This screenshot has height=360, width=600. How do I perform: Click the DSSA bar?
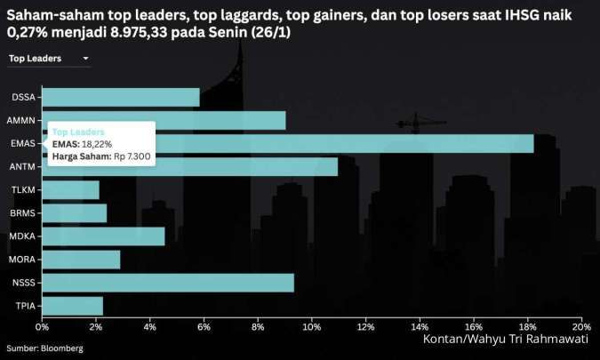click(x=120, y=97)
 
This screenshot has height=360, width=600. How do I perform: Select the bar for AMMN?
click(x=164, y=120)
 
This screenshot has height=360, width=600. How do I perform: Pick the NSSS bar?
click(x=167, y=283)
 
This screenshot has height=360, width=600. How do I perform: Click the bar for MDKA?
click(x=103, y=236)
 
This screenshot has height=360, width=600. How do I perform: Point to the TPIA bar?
click(x=72, y=306)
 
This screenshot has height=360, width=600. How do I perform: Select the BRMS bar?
click(x=74, y=213)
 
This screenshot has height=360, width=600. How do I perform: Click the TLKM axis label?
click(x=23, y=190)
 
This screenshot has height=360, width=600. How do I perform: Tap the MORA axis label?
click(x=22, y=260)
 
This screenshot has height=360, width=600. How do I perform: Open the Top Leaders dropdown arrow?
click(x=85, y=59)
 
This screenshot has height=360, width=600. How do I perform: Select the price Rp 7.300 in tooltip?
click(x=132, y=156)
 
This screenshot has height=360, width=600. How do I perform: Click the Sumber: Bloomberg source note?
click(x=45, y=348)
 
